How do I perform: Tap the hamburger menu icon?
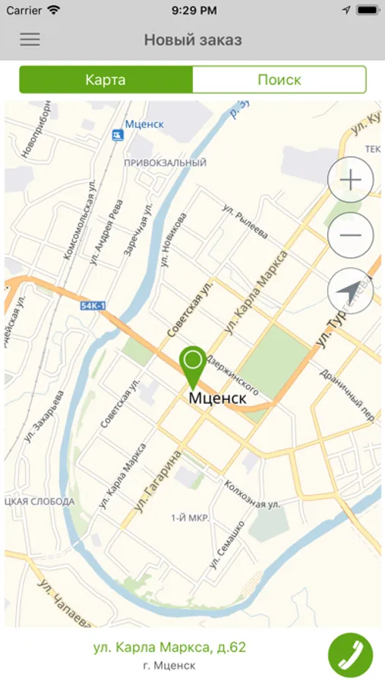[30, 39]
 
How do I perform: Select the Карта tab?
[106, 80]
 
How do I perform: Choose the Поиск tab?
[279, 80]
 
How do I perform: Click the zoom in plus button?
[350, 180]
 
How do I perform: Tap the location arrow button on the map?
[350, 291]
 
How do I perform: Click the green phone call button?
[351, 655]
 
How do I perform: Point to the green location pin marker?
[193, 365]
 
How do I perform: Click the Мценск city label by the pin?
[217, 398]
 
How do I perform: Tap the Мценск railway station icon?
[118, 135]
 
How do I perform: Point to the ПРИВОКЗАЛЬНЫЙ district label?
[165, 162]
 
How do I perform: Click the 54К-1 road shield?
[93, 305]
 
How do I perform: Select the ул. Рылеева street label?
[245, 220]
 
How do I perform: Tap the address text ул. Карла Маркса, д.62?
[169, 647]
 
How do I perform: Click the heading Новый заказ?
[193, 39]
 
